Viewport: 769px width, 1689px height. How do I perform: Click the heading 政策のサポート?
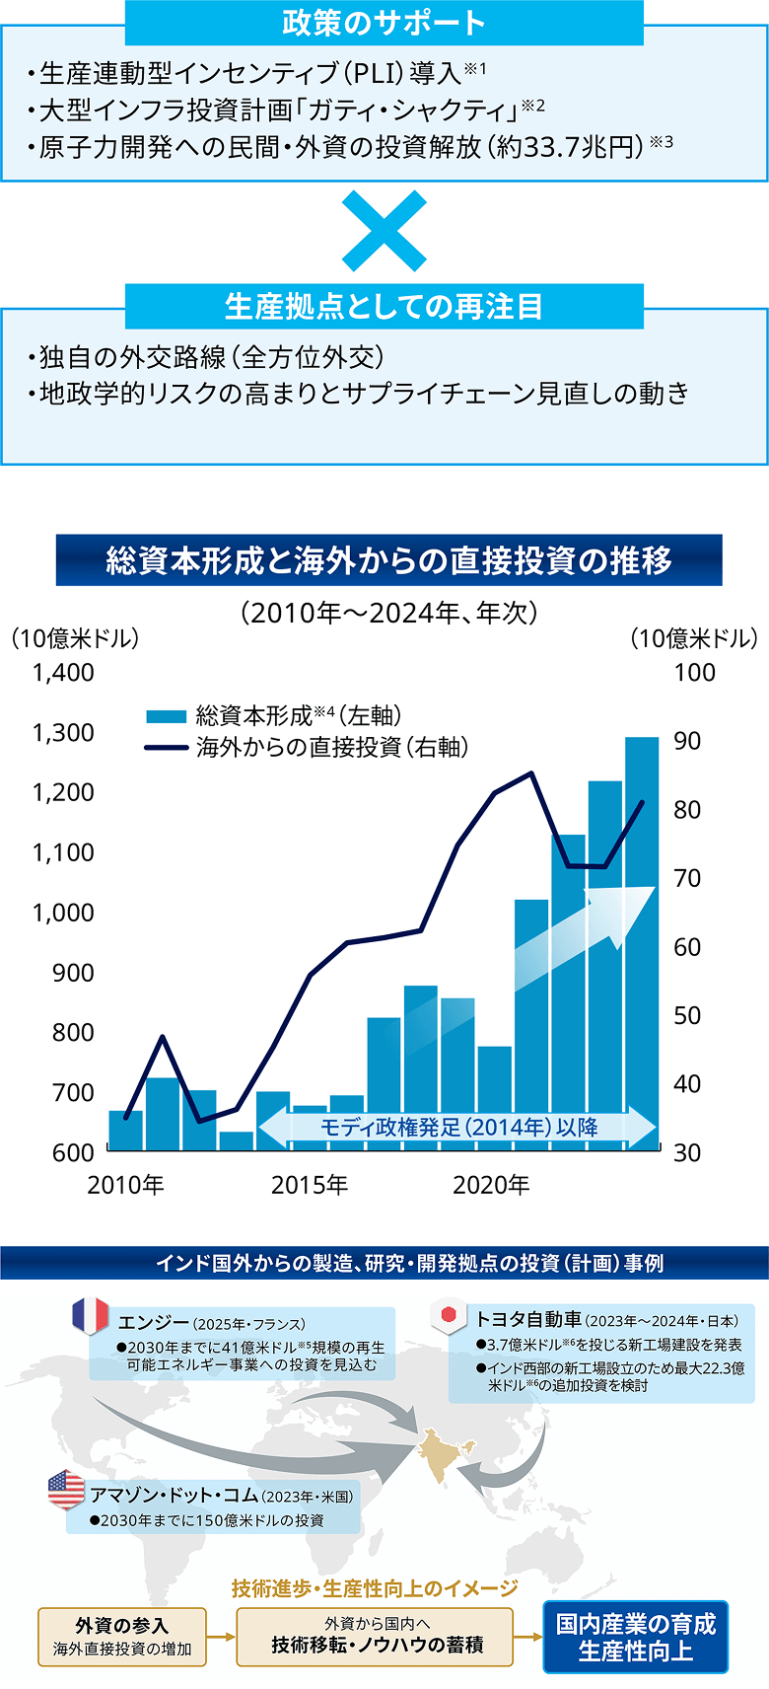coord(384,23)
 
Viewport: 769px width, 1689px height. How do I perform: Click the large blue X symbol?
coord(384,232)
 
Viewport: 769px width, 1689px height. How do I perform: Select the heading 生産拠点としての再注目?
coord(384,306)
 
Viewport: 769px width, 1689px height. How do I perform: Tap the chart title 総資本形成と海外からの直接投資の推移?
coord(388,560)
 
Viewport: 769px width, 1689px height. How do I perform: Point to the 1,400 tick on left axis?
coord(63,673)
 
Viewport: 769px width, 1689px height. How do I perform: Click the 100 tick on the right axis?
coord(694,673)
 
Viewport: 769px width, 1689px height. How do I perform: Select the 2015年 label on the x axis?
coord(310,1185)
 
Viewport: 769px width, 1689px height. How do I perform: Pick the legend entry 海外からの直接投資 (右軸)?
coord(306,748)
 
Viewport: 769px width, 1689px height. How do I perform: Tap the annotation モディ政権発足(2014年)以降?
coord(458,1128)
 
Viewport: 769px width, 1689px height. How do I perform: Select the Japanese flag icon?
coord(449,1315)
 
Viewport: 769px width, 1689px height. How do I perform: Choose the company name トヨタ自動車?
coord(528,1319)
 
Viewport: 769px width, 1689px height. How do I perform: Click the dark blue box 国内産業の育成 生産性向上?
coord(635,1637)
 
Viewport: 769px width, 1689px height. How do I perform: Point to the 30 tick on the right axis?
coord(687,1152)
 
